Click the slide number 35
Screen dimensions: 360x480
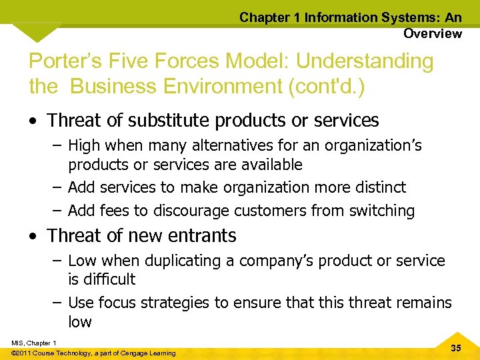(x=456, y=349)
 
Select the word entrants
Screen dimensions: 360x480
(x=203, y=236)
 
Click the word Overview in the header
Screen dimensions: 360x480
(x=432, y=33)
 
